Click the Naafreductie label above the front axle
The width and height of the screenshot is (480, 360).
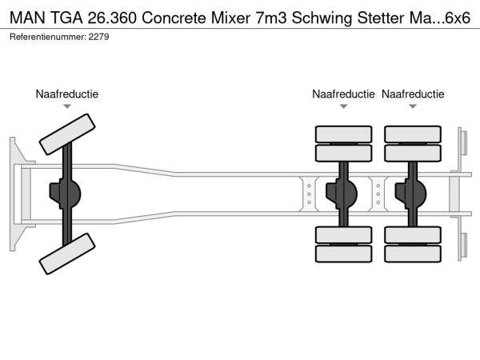pyautogui.click(x=67, y=94)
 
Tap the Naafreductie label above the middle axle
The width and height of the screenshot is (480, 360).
pyautogui.click(x=343, y=94)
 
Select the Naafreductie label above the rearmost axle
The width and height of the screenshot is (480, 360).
pyautogui.click(x=413, y=94)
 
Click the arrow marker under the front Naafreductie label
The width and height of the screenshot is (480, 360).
pyautogui.click(x=67, y=106)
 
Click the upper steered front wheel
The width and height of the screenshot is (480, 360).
pyautogui.click(x=66, y=134)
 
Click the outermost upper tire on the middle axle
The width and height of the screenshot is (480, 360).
pyautogui.click(x=343, y=134)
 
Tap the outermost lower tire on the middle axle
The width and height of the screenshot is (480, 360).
pyautogui.click(x=343, y=254)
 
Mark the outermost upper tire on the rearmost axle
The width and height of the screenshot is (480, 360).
pyautogui.click(x=413, y=134)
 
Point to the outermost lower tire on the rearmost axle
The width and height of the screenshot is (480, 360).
pyautogui.click(x=413, y=254)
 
